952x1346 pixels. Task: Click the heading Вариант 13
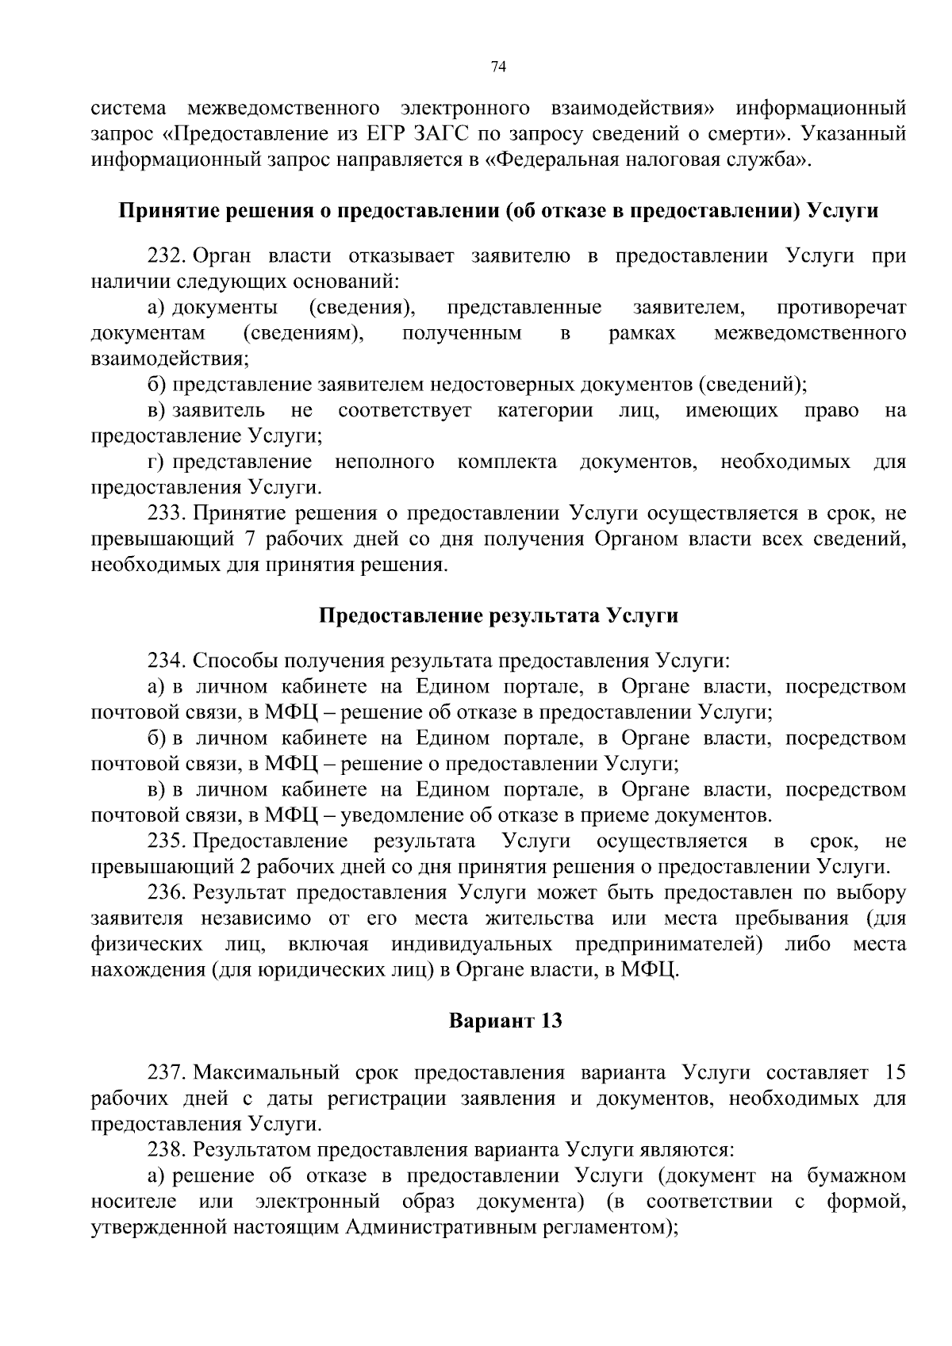pyautogui.click(x=505, y=1020)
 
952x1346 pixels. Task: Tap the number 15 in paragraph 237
pyautogui.click(x=894, y=1073)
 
